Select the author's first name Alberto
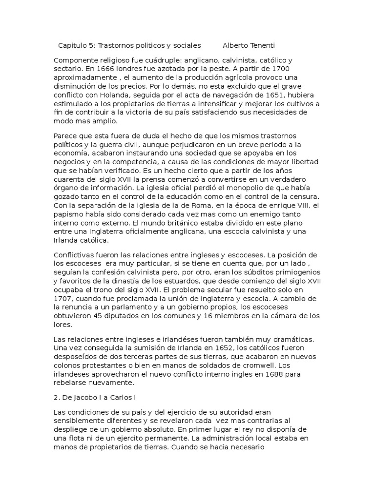click(x=236, y=45)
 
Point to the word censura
click(x=305, y=196)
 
